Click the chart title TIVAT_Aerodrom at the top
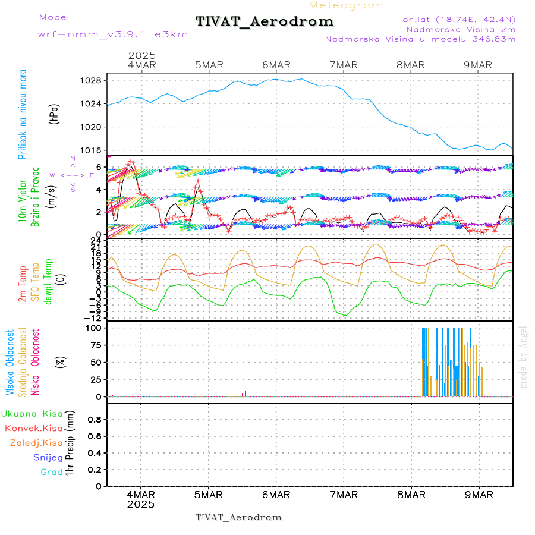[265, 21]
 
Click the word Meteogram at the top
[346, 5]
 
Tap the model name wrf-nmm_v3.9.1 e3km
[113, 34]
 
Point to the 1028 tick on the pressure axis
[93, 80]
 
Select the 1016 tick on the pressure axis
[93, 150]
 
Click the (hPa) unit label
[54, 113]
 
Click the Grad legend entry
[52, 472]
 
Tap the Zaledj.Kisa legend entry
[36, 443]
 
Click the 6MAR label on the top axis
[276, 65]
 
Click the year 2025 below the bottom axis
[141, 504]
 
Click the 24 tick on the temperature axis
[95, 240]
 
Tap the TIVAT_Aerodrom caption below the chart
[238, 517]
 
